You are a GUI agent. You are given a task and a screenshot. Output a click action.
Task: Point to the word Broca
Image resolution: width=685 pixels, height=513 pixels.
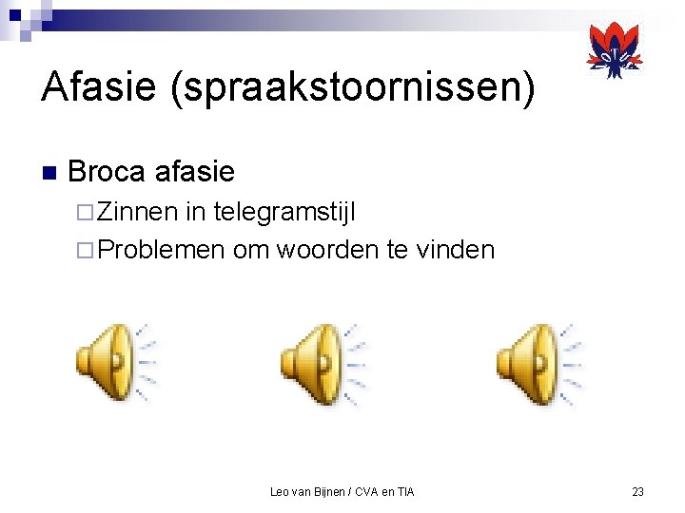(107, 172)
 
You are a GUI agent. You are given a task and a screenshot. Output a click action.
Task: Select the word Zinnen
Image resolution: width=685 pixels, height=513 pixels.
(139, 211)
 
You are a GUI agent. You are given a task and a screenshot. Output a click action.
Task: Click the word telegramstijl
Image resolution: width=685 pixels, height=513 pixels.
(284, 211)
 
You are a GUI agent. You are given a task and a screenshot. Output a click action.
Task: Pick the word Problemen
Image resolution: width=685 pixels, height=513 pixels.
(161, 250)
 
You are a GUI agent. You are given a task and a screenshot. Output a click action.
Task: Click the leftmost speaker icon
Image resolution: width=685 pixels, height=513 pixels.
(115, 363)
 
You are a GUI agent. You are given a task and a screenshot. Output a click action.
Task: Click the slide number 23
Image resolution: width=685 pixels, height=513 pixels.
(637, 491)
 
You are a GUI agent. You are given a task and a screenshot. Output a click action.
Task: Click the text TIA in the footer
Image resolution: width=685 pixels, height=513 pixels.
(404, 491)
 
